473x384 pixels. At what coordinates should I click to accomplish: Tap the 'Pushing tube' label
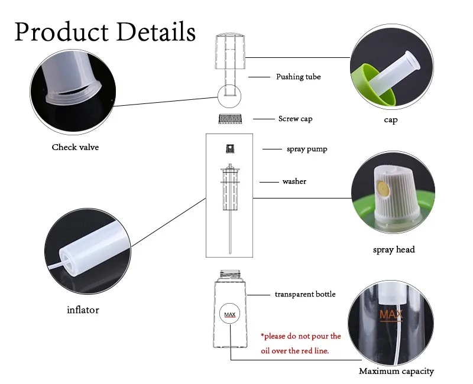point(298,77)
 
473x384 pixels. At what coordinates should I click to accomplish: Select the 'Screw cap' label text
point(295,119)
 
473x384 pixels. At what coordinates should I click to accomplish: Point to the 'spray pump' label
point(307,149)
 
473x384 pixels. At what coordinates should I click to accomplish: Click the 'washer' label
point(294,181)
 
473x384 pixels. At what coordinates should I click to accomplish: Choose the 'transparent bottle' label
point(304,294)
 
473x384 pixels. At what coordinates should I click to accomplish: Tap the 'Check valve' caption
point(75,147)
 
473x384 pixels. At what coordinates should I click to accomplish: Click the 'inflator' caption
point(83,310)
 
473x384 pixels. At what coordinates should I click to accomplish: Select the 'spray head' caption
point(394,249)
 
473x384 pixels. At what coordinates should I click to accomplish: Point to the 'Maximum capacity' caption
point(396,371)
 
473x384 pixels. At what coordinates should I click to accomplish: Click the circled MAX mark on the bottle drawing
point(230,314)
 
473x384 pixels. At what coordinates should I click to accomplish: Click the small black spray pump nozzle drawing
point(229,149)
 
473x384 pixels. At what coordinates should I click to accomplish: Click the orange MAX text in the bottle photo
point(390,314)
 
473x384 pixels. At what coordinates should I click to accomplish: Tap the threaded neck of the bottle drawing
point(229,275)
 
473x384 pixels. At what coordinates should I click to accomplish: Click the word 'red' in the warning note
point(314,350)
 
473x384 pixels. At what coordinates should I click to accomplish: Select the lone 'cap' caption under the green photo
point(390,120)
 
